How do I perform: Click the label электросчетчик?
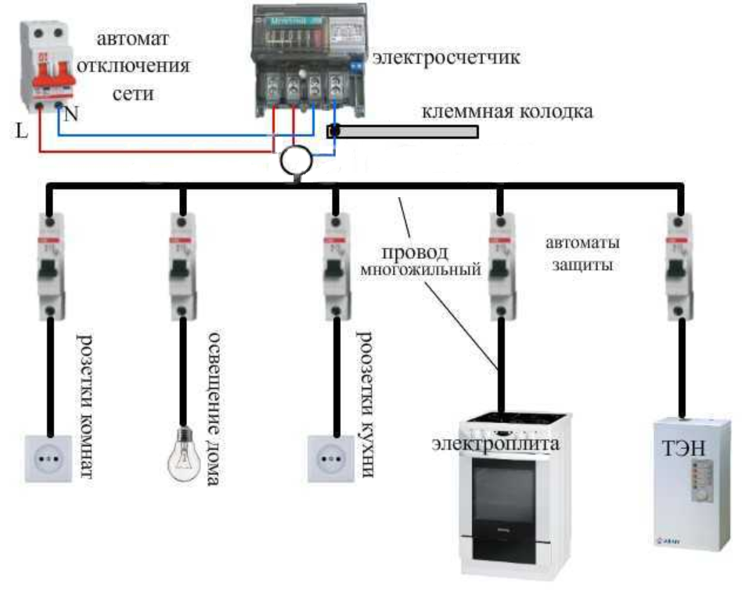[446, 59]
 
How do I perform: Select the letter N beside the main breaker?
[71, 114]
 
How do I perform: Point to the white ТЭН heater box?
[693, 481]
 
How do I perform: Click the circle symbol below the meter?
[297, 160]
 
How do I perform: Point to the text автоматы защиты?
[583, 254]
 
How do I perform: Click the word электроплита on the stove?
[495, 444]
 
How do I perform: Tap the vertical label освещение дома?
[213, 407]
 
